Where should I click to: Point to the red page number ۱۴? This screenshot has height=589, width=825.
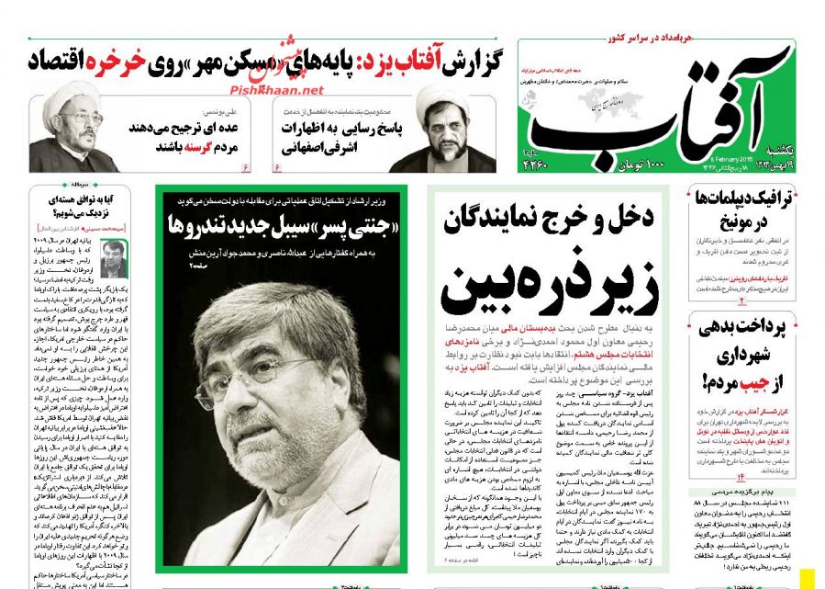coord(742,477)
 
